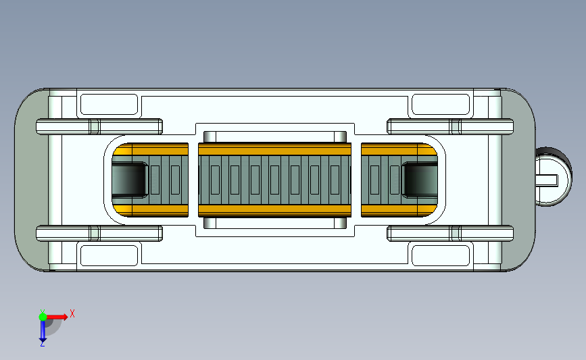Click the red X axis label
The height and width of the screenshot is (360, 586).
tap(72, 313)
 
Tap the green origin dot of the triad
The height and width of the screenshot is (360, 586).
tap(43, 317)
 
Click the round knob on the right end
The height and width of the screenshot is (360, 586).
tap(554, 177)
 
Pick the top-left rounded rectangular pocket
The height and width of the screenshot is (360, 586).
tap(109, 104)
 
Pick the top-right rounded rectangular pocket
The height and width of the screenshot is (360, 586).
tap(441, 104)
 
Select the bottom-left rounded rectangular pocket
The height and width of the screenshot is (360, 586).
tap(109, 255)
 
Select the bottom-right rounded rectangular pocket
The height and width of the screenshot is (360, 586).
tap(441, 255)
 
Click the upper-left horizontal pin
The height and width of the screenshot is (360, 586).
tap(99, 126)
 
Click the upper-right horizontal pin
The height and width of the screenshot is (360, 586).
tap(450, 126)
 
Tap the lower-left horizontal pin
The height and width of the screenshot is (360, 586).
tap(99, 234)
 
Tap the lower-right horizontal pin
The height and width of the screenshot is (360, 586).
tap(450, 234)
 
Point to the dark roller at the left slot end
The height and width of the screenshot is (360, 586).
tap(129, 180)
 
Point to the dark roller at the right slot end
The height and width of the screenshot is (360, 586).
tap(420, 180)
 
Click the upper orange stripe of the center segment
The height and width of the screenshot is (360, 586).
tap(274, 149)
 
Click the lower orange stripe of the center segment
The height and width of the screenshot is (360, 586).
tap(274, 211)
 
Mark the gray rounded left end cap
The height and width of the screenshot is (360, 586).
tap(32, 180)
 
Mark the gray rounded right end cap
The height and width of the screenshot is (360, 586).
tap(518, 180)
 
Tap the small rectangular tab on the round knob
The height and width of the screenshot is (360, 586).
tap(547, 180)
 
